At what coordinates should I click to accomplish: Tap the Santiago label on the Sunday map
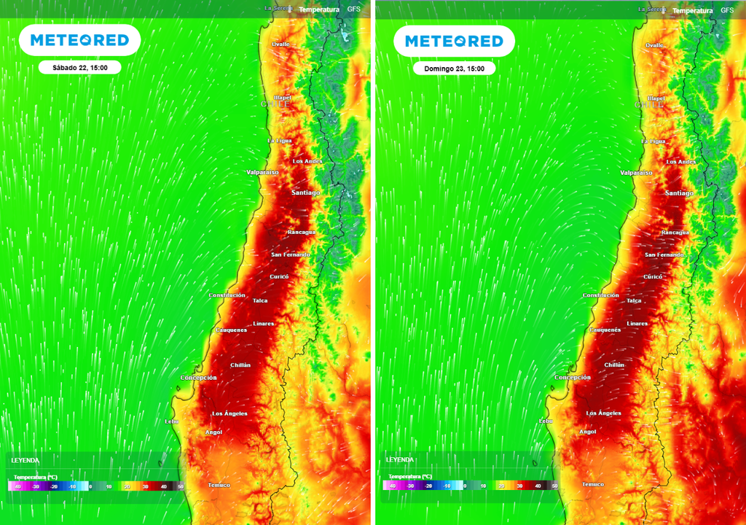(679, 193)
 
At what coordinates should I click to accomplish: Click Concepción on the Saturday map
(199, 378)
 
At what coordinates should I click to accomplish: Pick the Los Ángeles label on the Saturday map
(229, 413)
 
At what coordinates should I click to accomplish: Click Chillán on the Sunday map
(615, 365)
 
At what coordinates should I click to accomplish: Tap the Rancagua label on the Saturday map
(301, 232)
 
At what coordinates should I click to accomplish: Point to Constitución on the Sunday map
(601, 295)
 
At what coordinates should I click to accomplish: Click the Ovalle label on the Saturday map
(280, 44)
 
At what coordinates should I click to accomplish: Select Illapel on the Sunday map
(656, 98)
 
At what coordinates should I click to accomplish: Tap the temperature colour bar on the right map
(470, 485)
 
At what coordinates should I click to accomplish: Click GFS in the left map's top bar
(353, 9)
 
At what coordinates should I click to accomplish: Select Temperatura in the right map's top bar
(692, 10)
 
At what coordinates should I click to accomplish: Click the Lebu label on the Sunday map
(546, 421)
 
